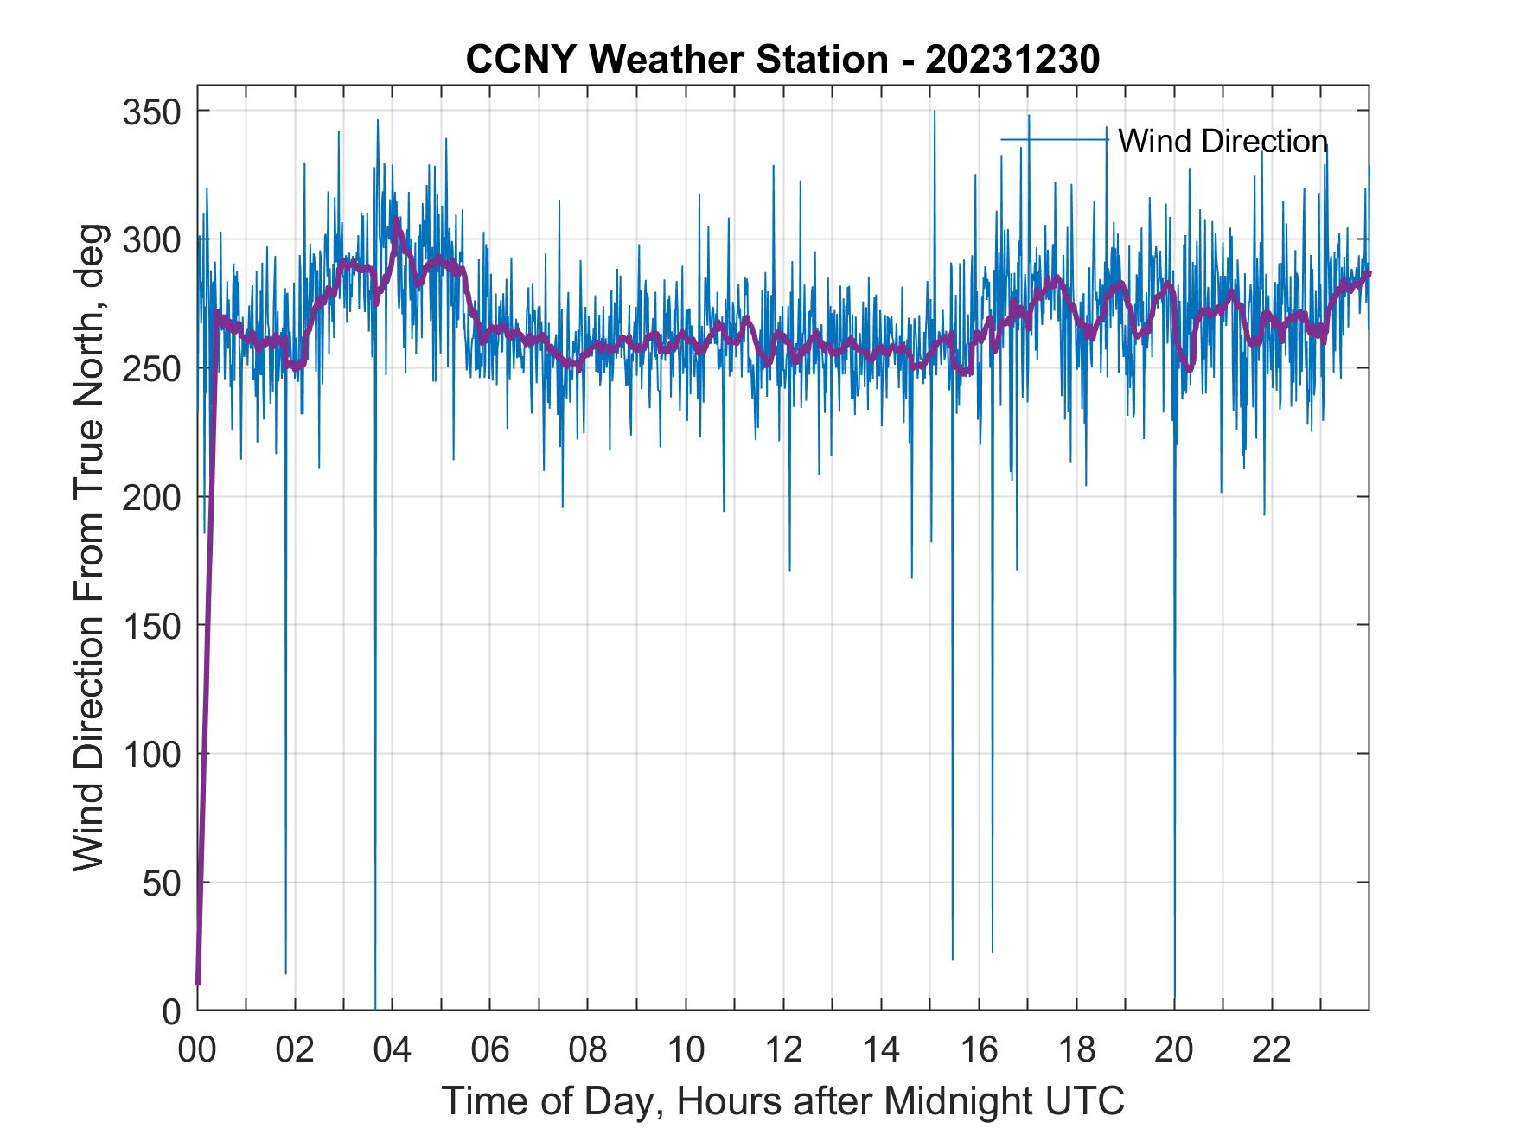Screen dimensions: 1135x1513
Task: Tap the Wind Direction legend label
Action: click(1223, 141)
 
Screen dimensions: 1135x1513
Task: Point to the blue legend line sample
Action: click(1054, 139)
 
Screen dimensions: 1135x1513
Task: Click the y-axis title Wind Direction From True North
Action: click(89, 546)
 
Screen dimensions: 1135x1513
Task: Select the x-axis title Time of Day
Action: click(782, 1101)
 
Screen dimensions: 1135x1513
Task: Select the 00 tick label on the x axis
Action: click(197, 1050)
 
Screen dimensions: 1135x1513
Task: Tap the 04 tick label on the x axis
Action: click(393, 1050)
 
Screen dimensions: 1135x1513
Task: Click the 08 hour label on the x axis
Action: click(588, 1050)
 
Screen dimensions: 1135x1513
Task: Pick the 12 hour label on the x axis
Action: click(783, 1050)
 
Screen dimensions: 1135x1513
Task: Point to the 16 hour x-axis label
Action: click(979, 1050)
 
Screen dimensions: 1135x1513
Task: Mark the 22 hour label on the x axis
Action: click(1272, 1050)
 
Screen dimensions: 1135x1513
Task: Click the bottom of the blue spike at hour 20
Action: click(1175, 997)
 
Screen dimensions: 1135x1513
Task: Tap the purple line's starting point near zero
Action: click(198, 983)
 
